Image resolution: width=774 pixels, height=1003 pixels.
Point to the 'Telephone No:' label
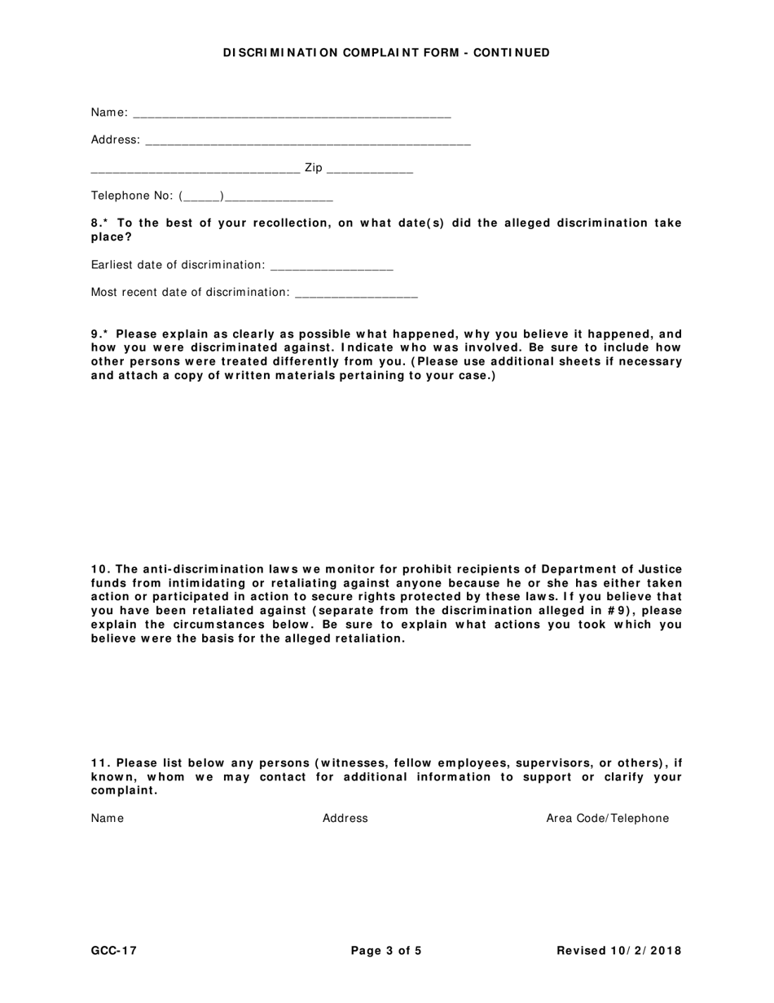(132, 196)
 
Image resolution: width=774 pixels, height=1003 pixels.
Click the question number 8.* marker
(100, 223)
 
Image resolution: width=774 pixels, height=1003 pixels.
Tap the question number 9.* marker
(100, 334)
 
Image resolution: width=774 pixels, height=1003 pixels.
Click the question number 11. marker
(100, 763)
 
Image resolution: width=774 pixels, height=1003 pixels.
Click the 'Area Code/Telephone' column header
(607, 818)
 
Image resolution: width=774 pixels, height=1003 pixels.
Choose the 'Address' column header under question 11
(345, 818)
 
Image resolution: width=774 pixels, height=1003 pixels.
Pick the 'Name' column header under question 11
(108, 818)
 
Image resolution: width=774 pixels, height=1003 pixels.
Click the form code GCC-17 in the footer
(114, 950)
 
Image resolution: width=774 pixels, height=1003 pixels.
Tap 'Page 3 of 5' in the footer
(386, 950)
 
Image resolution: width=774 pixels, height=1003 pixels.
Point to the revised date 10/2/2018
(644, 950)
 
